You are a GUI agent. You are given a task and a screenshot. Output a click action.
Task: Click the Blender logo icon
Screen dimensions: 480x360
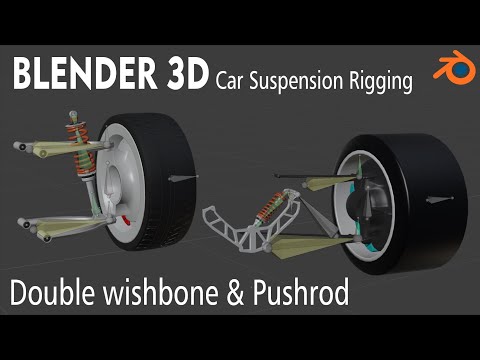click(x=451, y=71)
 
